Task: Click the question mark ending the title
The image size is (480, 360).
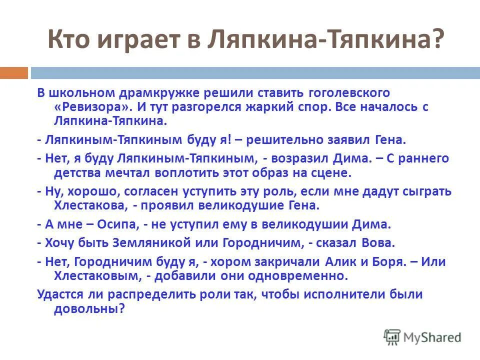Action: pos(436,39)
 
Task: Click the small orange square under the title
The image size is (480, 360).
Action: pos(13,73)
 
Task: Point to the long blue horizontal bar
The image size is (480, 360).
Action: pos(255,73)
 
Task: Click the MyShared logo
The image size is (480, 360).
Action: pos(422,337)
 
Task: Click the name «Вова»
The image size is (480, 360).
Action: pos(378,243)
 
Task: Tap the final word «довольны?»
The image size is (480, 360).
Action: pos(89,309)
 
